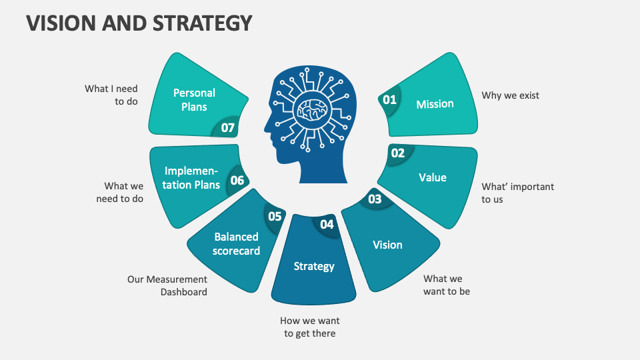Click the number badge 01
pos(389,100)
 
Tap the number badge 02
pos(398,153)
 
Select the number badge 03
pos(375,199)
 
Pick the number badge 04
pos(327,225)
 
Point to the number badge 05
pos(275,216)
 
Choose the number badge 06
pos(237,180)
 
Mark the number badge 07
pos(228,127)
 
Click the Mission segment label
pos(435,104)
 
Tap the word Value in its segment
pos(433,177)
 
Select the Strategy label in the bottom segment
pos(314,266)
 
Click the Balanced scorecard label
pos(237,243)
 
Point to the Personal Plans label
pos(194,100)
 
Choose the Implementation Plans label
pos(192,177)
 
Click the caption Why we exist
pos(511,95)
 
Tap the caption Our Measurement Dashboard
pos(167,285)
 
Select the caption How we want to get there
pos(310,327)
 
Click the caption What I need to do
pos(111,95)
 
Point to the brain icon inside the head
pos(311,106)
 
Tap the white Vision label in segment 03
pos(387,245)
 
